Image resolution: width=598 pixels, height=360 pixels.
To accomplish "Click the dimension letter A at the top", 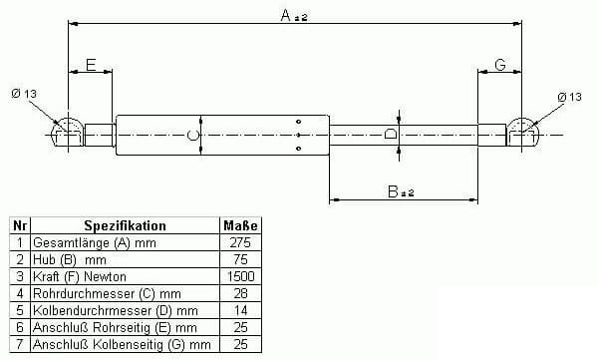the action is point(286,15).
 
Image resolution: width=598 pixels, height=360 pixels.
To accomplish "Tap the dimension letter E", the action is point(91,65).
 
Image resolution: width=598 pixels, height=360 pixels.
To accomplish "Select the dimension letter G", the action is point(500,65).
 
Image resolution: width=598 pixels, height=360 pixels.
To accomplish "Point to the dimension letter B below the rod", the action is point(393,191).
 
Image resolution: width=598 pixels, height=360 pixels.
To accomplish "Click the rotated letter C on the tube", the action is point(193,136).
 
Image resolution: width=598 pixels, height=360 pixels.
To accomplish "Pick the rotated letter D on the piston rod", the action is point(390,135).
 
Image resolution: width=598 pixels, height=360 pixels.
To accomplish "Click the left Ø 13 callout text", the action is point(24,93).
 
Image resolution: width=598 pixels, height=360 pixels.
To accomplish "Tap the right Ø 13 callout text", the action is point(570,97).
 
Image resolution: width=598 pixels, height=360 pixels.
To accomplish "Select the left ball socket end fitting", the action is point(68,132).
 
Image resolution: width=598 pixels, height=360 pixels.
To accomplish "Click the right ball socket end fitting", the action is point(521,132).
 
